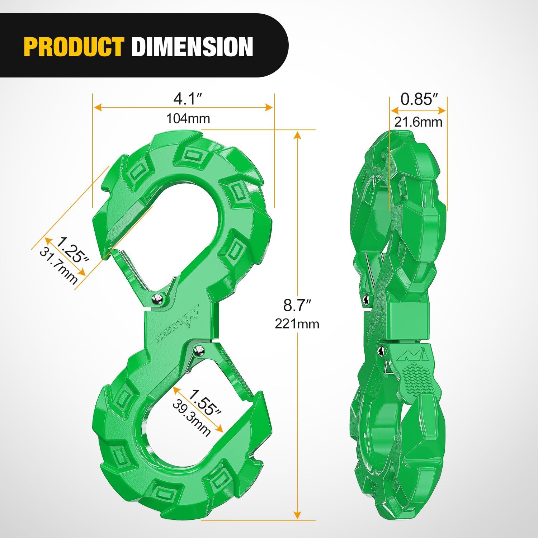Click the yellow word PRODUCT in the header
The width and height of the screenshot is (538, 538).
point(74,47)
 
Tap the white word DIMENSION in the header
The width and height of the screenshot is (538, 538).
point(192,47)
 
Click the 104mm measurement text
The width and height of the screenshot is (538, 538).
point(188,118)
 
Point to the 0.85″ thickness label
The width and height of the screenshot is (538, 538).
point(419,99)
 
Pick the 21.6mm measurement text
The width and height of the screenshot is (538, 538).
point(418,122)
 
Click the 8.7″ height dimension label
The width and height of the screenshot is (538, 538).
point(297,305)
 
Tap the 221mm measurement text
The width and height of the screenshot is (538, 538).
point(297,324)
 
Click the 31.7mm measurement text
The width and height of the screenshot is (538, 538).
point(58,266)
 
